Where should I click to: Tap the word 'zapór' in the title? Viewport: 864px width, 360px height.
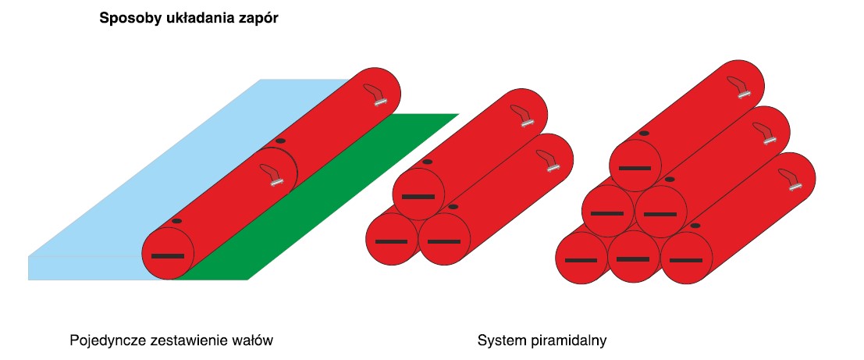click(261, 19)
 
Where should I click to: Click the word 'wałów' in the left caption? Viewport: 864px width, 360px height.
click(253, 341)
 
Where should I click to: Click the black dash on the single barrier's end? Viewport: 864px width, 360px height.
click(167, 256)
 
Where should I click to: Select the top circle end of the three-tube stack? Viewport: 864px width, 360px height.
click(418, 194)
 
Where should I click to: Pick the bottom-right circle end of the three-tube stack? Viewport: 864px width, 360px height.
click(444, 240)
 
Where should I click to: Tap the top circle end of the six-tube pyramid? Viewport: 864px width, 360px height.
click(635, 167)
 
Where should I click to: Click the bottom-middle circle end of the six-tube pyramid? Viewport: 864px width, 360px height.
click(634, 258)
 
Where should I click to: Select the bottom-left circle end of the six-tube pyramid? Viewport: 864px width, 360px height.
click(581, 258)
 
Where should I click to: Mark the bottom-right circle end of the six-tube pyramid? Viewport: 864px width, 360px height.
click(686, 258)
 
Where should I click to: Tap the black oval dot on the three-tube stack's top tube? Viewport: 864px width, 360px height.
click(427, 162)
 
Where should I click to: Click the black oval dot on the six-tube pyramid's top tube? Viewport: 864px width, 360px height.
click(644, 134)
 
